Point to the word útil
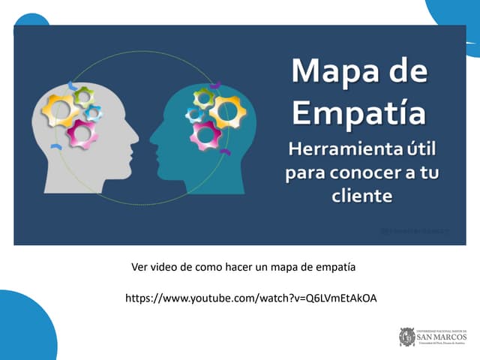click(420, 148)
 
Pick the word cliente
click(361, 196)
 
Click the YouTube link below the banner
click(250, 298)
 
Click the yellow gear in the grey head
click(61, 110)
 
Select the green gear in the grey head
click(83, 95)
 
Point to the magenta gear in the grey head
click(82, 133)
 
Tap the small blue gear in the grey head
click(93, 113)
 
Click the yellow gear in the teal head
click(228, 111)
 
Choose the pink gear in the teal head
click(205, 135)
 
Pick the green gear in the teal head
click(203, 97)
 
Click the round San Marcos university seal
click(407, 337)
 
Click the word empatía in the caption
click(333, 267)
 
